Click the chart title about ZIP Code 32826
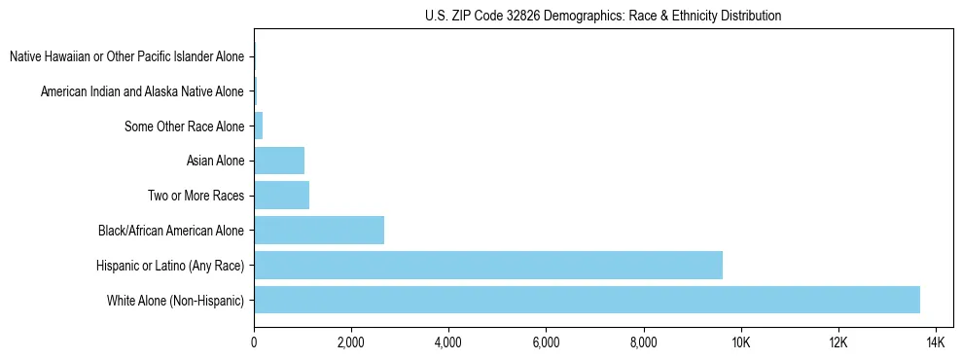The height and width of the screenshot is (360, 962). coord(603,16)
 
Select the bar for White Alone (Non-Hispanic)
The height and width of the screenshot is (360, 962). coord(587,300)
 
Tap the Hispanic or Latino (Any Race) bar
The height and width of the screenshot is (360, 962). coord(488,265)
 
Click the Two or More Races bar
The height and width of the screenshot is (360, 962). coord(281,196)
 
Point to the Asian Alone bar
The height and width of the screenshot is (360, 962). coord(279,161)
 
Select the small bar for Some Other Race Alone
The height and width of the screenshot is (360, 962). coord(259,126)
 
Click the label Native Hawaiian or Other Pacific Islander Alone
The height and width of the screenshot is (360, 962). coord(127,56)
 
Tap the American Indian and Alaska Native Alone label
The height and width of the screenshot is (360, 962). coord(143,91)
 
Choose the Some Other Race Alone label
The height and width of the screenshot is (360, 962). coord(185,126)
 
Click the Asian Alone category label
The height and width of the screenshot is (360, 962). coord(216,161)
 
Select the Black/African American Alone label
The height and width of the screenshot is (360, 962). coord(171,231)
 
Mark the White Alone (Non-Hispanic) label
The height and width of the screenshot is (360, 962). coord(176,300)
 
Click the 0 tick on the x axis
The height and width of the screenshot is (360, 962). coord(254,342)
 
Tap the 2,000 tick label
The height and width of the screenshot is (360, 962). coord(351,342)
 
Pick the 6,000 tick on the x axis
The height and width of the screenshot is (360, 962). coord(546,342)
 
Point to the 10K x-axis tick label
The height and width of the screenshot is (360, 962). coord(741,342)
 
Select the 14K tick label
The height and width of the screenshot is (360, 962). coord(936,342)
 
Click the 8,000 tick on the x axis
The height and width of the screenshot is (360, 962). coord(644,342)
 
